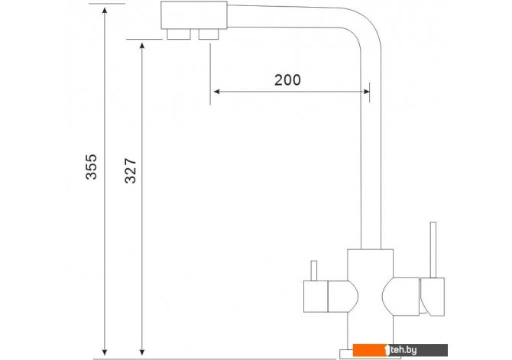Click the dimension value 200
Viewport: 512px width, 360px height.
[x=287, y=80]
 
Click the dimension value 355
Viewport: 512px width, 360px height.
[x=92, y=167]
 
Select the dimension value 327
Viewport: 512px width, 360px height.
[x=131, y=171]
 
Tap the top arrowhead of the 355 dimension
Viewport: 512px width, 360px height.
[x=105, y=10]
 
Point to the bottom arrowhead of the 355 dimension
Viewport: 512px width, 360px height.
[x=105, y=352]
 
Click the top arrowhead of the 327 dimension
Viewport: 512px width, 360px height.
[x=142, y=46]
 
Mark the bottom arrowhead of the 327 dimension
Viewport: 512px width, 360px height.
[x=142, y=352]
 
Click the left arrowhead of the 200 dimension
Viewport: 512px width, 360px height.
[x=216, y=92]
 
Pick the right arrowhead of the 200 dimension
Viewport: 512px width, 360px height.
[x=366, y=92]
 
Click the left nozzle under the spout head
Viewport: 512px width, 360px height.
[x=179, y=34]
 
